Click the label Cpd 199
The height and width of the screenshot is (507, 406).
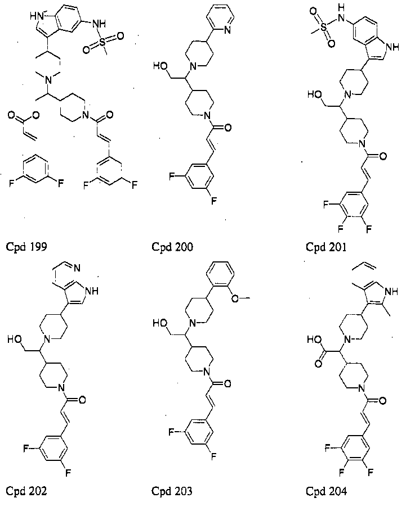(26, 247)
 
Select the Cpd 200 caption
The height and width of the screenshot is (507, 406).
(172, 247)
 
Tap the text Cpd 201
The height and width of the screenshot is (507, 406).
(326, 247)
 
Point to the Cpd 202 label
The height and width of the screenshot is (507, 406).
(26, 491)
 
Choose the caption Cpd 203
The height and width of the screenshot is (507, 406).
(172, 491)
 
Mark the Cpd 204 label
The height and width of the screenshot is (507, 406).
(326, 491)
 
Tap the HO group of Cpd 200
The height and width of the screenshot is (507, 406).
(160, 66)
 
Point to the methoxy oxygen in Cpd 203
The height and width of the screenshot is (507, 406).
(235, 299)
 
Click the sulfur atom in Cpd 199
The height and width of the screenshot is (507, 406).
(102, 42)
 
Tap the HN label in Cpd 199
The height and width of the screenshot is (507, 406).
(37, 16)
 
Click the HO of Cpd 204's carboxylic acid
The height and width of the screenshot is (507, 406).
(314, 339)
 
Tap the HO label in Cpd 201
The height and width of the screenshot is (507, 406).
(315, 94)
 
